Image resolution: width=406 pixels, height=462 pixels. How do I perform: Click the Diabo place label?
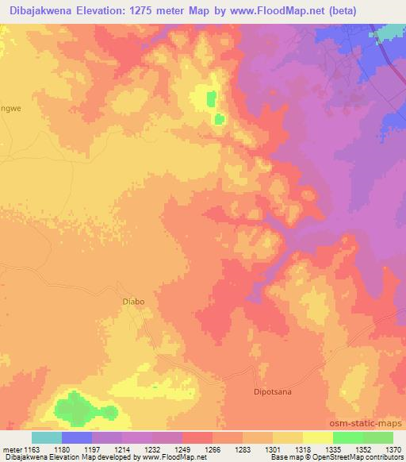tap(132, 301)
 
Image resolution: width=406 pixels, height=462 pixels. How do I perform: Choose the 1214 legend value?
tap(136, 450)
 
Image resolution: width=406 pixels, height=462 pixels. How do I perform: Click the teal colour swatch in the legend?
tap(46, 437)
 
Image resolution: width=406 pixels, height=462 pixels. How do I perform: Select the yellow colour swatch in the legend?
tap(317, 437)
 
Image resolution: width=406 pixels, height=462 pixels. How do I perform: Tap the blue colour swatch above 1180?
tap(76, 437)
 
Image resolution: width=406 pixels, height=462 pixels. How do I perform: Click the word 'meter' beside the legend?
tap(13, 450)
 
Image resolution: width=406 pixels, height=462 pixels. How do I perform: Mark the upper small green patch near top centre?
tap(211, 99)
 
